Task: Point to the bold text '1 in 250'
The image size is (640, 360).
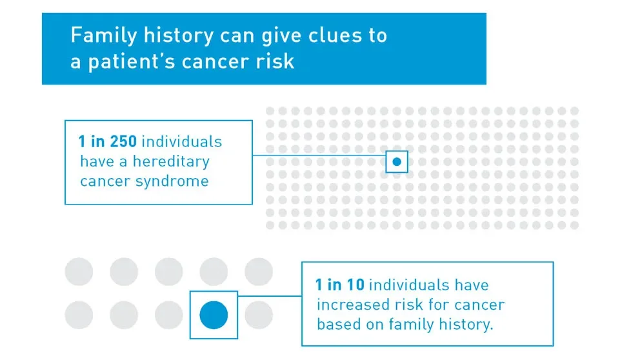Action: coord(107,142)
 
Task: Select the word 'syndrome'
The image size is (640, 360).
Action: coord(172,181)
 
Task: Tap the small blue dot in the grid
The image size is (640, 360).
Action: coord(397,162)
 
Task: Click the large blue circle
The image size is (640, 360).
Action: coord(214,315)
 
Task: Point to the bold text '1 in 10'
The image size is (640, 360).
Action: coord(340,285)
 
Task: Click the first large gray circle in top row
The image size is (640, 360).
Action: coord(79,272)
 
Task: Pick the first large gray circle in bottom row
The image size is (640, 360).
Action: coord(79,315)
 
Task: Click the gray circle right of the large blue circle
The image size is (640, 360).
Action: coord(259,315)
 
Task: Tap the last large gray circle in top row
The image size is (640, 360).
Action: coord(259,272)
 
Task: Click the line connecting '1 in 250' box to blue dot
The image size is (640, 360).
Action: coord(319,155)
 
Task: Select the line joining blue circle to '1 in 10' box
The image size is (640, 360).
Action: coord(270,296)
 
